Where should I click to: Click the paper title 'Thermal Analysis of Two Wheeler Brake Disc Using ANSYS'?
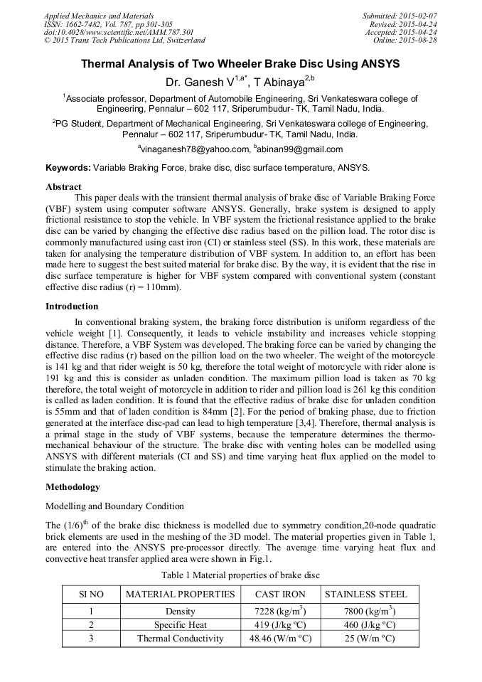pos(240,64)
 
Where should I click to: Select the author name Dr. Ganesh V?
pos(196,82)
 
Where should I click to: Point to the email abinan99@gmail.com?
pos(291,149)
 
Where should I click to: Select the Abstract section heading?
pos(63,186)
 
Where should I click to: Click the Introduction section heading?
pos(72,307)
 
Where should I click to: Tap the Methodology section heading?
pos(73,487)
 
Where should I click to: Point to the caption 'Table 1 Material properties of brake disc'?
pos(240,574)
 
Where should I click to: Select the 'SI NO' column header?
pos(91,594)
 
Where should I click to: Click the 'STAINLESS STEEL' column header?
pos(366,594)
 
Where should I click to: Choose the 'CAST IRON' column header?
pos(280,594)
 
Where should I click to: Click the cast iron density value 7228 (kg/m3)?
pos(280,612)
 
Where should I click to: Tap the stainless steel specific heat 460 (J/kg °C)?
pos(365,625)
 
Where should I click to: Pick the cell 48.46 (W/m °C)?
pos(280,638)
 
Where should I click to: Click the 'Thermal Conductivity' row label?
pos(180,638)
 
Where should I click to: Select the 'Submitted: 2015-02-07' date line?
pos(400,15)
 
